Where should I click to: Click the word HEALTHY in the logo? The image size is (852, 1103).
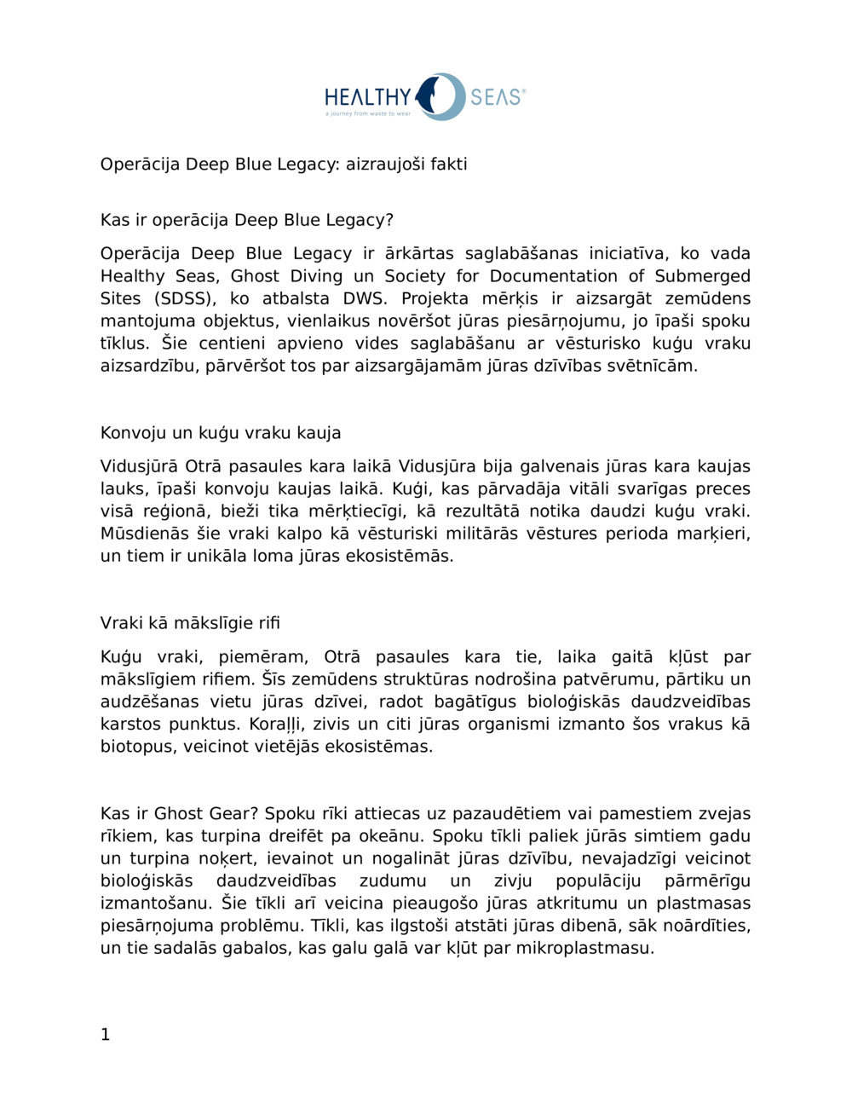(x=367, y=95)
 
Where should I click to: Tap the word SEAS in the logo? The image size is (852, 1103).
(x=496, y=96)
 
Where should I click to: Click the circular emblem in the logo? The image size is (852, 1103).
(x=443, y=96)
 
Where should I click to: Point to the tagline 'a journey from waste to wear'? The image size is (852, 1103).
(x=367, y=113)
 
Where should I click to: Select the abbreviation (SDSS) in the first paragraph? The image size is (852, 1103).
(x=183, y=298)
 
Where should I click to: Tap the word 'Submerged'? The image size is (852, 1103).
(x=702, y=276)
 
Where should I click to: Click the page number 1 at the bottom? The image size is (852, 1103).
(x=106, y=1036)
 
